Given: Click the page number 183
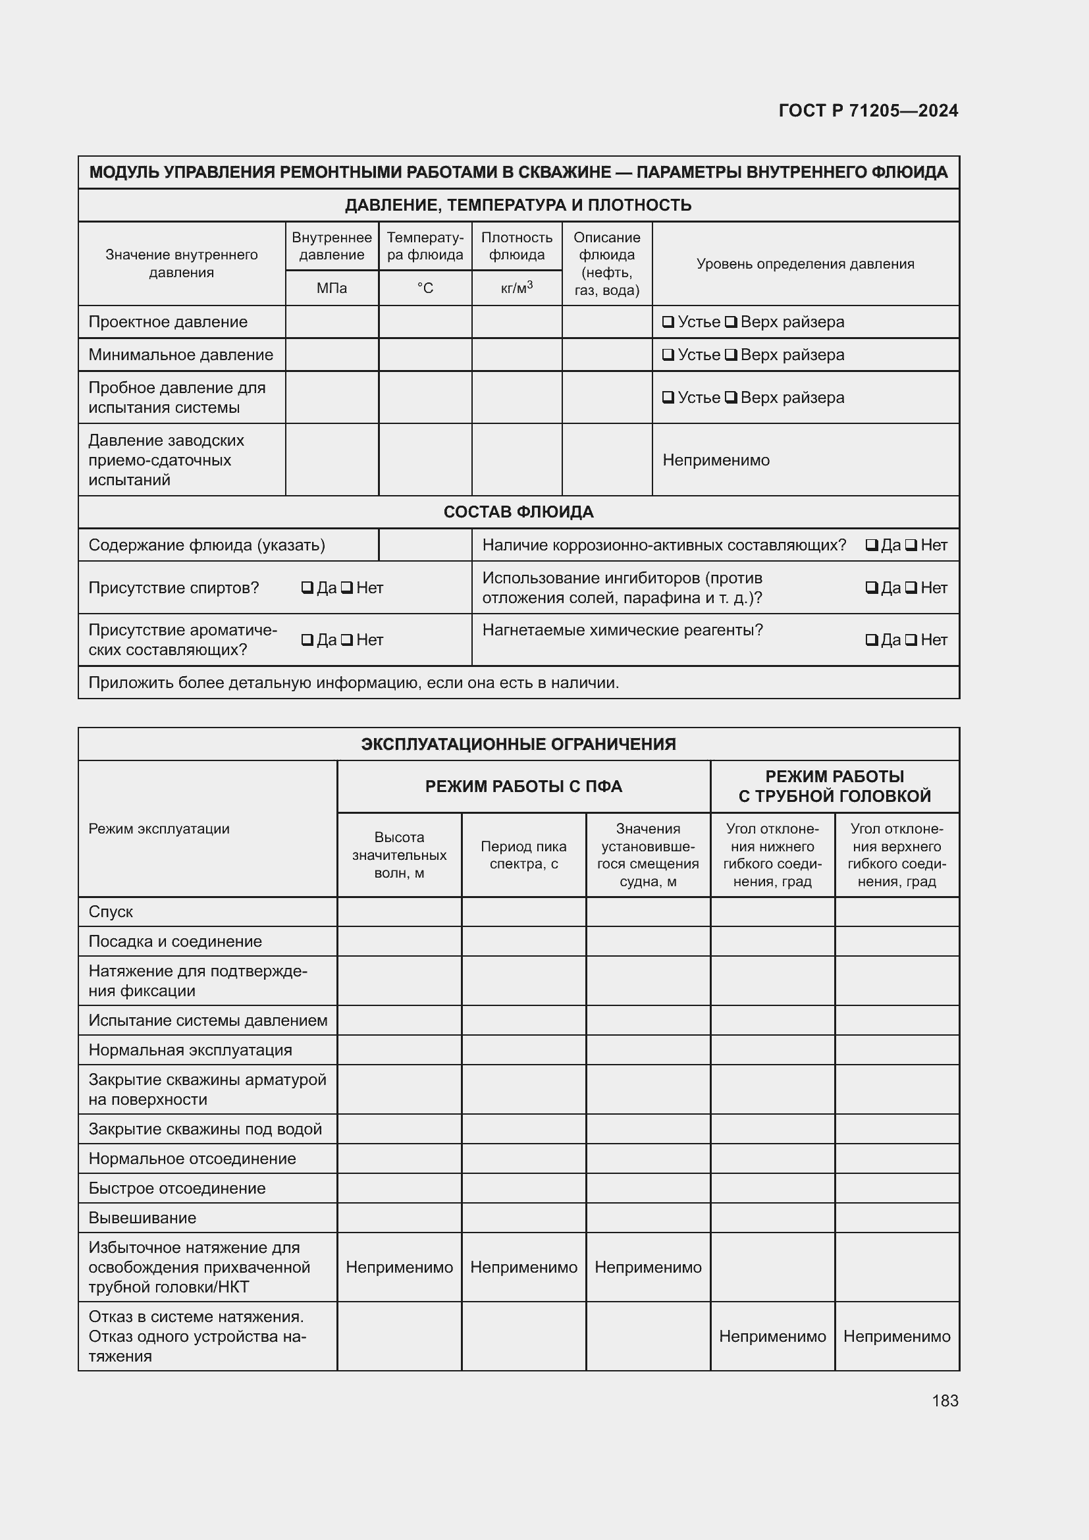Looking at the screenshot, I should click(x=945, y=1400).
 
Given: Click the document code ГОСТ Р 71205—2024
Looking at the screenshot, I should click(x=868, y=111).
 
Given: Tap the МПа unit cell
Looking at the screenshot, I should click(x=332, y=288).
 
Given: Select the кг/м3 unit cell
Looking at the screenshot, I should click(x=516, y=288).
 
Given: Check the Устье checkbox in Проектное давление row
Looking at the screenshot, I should click(x=668, y=322).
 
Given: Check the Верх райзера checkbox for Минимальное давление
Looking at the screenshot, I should click(x=731, y=355).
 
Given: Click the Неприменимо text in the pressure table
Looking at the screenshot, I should click(x=716, y=460).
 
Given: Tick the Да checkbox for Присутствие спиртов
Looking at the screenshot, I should click(x=307, y=588).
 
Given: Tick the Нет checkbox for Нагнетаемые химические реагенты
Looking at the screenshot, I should click(x=911, y=640).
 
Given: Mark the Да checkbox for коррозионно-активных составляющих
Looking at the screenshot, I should click(x=872, y=545).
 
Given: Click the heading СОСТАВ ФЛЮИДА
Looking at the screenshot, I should click(x=518, y=512).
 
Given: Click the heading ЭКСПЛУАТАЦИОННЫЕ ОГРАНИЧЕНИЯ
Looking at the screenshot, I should click(x=518, y=744).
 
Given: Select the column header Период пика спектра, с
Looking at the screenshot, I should click(x=523, y=855).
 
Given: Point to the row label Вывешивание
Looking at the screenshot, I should click(x=142, y=1217).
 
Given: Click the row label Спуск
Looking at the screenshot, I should click(x=111, y=911).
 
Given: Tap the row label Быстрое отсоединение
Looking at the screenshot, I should click(x=177, y=1188).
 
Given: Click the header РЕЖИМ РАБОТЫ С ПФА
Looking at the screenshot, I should click(x=523, y=786).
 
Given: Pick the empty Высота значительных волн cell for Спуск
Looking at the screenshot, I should click(x=399, y=911).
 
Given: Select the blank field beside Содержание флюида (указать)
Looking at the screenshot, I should click(x=425, y=545).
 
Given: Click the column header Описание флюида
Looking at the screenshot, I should click(x=606, y=263).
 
